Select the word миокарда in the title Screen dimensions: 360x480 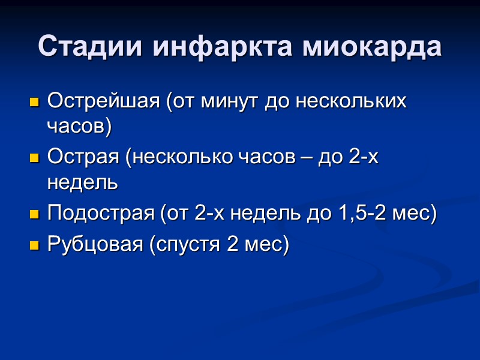[371, 46]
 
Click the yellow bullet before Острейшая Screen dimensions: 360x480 [34, 101]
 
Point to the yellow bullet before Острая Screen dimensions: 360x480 [34, 158]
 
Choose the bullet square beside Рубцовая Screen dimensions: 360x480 [34, 245]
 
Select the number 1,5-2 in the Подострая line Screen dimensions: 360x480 [367, 214]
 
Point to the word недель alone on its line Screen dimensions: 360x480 [82, 183]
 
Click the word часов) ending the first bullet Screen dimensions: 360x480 [79, 126]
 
